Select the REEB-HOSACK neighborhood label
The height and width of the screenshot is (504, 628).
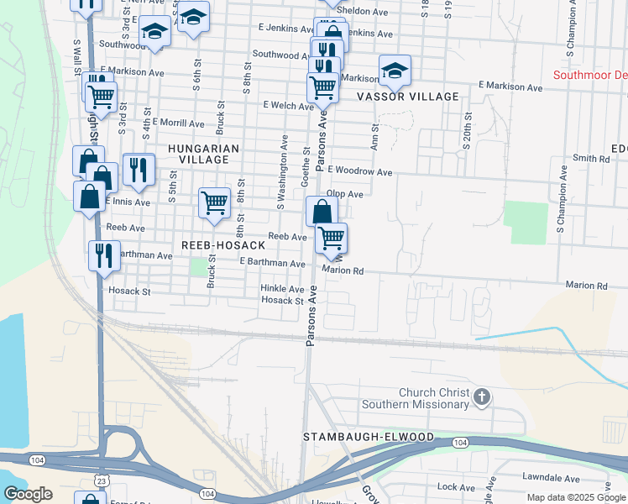(x=223, y=245)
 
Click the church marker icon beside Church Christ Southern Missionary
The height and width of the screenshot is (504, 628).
(x=481, y=396)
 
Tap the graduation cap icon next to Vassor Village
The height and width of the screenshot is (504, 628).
(x=393, y=71)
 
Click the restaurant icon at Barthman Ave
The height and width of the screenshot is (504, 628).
(x=104, y=255)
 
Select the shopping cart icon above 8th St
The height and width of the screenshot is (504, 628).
(x=214, y=202)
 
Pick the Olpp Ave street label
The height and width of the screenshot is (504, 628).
(x=344, y=194)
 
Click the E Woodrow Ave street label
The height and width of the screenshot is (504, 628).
(x=360, y=171)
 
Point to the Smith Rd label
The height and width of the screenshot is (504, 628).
(x=591, y=158)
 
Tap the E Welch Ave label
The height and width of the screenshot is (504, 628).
(x=288, y=106)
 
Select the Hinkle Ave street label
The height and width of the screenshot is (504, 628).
(x=282, y=289)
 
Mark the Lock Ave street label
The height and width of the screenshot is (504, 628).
(x=457, y=487)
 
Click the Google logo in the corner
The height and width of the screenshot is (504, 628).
(x=28, y=494)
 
